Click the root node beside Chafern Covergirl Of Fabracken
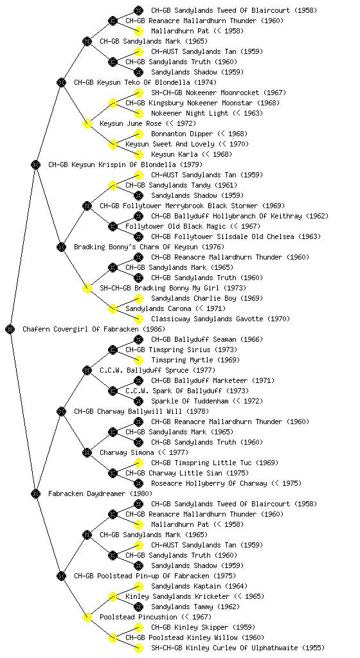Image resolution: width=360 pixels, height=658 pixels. tap(10, 329)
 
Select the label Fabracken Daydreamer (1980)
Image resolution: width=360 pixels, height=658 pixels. tap(100, 493)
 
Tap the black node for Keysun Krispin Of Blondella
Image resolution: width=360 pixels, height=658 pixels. tap(35, 164)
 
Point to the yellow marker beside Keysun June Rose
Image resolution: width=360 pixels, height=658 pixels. tap(87, 123)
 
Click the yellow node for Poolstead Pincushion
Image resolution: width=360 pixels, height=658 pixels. tap(87, 617)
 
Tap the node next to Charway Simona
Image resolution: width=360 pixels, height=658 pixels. tap(87, 452)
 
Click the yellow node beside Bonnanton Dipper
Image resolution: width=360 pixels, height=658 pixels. tap(138, 134)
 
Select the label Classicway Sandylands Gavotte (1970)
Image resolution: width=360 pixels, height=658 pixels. tap(221, 319)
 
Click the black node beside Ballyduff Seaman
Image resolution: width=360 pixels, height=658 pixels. tap(138, 339)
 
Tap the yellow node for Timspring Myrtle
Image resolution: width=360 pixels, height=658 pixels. tap(138, 360)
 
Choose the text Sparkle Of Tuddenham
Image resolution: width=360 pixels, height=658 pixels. tap(190, 401)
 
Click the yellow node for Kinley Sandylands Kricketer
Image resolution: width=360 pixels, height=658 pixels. tap(113, 596)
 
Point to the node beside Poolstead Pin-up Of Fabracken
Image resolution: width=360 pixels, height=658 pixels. tap(61, 576)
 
